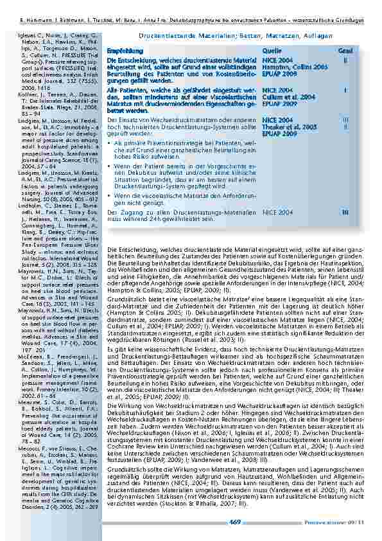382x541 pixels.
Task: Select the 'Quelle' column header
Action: click(x=272, y=49)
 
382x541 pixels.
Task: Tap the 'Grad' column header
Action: click(x=345, y=49)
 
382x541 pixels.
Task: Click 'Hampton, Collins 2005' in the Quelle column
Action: click(x=286, y=66)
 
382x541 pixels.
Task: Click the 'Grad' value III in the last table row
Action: click(x=345, y=212)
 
